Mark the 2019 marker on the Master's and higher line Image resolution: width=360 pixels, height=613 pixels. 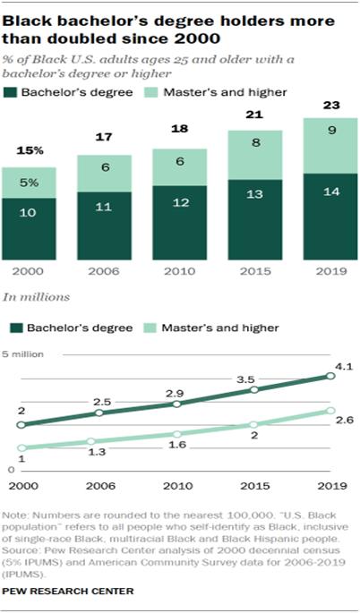pos(330,411)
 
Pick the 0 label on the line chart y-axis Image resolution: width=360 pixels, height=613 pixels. pos(11,469)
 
